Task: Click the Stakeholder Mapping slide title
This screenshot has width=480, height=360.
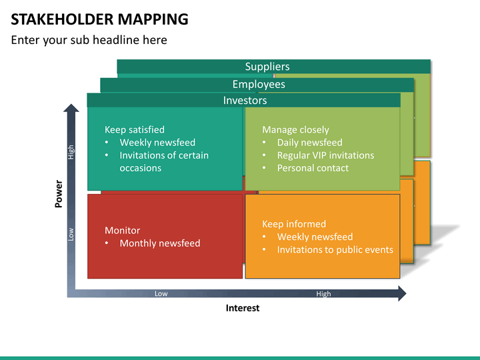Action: [99, 19]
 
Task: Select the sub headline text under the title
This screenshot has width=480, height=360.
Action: [89, 40]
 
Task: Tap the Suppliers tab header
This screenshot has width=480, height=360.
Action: [267, 67]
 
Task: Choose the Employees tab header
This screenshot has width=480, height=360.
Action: [259, 84]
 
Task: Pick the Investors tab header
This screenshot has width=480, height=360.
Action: [245, 101]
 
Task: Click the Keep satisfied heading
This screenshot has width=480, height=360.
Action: [135, 129]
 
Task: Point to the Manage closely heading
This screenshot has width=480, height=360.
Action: [295, 129]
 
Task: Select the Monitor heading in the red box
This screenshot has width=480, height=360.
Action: [122, 230]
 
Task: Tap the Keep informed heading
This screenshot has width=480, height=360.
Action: [294, 224]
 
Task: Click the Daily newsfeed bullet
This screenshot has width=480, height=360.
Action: [309, 143]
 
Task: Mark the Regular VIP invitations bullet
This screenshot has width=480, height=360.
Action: [325, 155]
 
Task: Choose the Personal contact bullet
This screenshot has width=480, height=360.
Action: [313, 168]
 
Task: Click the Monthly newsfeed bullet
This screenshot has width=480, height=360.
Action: [160, 243]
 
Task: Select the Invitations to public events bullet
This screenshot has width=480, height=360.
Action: [335, 249]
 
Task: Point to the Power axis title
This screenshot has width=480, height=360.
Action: [59, 194]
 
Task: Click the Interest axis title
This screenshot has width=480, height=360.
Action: [243, 308]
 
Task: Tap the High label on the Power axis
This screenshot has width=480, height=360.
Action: [71, 152]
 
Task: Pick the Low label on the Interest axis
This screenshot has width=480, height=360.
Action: [161, 293]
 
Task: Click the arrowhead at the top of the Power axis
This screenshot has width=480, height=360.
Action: [71, 108]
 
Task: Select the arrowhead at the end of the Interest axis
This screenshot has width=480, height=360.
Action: [402, 293]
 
